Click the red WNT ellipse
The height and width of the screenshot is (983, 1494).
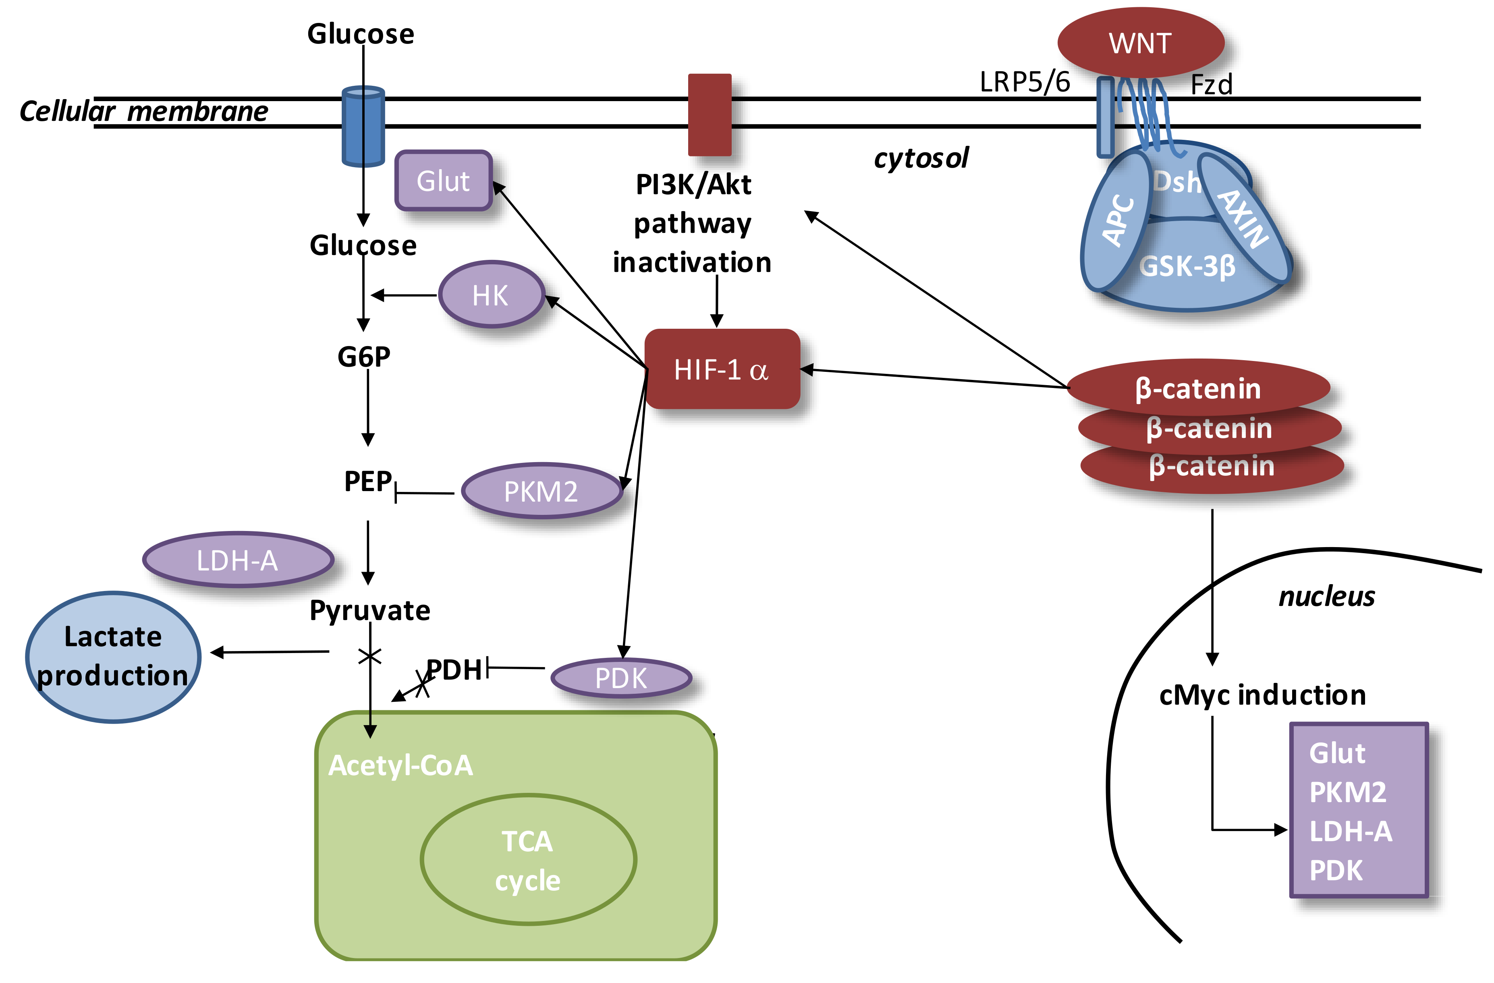point(1140,43)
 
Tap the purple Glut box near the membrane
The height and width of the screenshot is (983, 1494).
point(443,181)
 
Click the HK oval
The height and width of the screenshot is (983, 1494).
point(491,294)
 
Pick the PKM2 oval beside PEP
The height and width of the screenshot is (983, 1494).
point(541,491)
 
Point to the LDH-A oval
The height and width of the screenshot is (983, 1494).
point(237,559)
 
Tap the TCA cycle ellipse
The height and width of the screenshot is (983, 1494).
point(527,860)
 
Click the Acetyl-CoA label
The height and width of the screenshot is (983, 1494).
point(400,765)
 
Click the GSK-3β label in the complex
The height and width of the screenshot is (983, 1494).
point(1187,266)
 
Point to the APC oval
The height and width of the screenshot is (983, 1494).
point(1116,221)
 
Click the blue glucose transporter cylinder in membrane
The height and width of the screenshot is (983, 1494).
point(363,126)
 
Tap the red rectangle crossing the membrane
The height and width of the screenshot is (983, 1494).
point(710,114)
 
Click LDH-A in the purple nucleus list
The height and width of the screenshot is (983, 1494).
point(1350,831)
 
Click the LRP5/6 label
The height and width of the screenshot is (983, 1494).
point(1025,82)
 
